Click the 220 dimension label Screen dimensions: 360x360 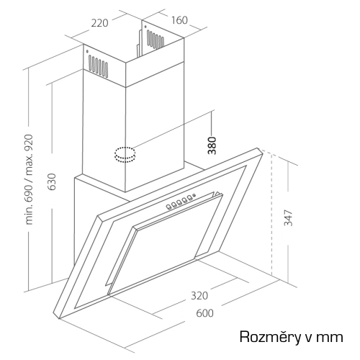[x=99, y=23]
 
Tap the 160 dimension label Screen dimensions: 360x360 [x=179, y=20]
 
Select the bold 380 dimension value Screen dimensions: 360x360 [x=212, y=145]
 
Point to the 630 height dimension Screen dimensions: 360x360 [x=52, y=181]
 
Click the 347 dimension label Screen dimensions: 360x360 [x=288, y=217]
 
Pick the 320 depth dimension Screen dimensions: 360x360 [x=199, y=296]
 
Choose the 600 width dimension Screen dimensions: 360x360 [x=204, y=313]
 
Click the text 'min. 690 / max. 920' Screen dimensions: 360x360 [x=29, y=180]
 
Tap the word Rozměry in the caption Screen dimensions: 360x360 [x=270, y=336]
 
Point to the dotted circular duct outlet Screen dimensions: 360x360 [x=125, y=155]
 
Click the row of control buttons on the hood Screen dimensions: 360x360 [x=181, y=202]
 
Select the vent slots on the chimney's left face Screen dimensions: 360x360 [x=98, y=66]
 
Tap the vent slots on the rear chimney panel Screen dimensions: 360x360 [x=156, y=39]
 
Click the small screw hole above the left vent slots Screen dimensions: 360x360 [x=87, y=51]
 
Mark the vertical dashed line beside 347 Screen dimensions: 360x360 [x=271, y=215]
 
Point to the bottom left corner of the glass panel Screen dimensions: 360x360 [x=59, y=318]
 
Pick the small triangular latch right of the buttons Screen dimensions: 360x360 [x=217, y=194]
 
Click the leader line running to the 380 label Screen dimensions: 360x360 [x=172, y=129]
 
